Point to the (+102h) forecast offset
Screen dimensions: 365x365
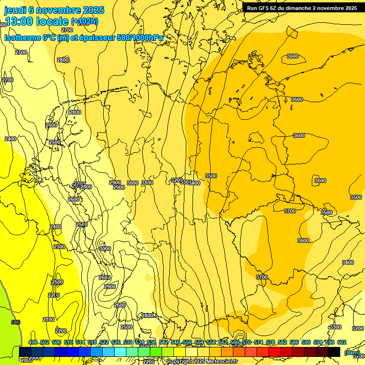[84, 21]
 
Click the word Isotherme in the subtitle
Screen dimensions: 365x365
[22, 38]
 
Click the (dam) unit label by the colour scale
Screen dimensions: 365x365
[352, 353]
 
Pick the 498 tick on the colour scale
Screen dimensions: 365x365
[33, 343]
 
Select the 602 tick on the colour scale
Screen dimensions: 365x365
[342, 343]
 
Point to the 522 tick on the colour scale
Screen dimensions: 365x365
[104, 343]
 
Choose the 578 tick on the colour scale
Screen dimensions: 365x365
[270, 343]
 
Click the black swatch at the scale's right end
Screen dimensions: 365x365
[334, 352]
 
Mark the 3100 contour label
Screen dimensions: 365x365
[147, 183]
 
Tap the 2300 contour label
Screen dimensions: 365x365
[59, 247]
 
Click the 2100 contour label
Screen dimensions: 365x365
[48, 320]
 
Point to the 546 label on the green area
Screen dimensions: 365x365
[16, 322]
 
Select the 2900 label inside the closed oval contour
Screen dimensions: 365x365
[110, 287]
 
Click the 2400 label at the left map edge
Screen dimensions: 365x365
[10, 139]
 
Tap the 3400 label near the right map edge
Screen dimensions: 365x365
[348, 262]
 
